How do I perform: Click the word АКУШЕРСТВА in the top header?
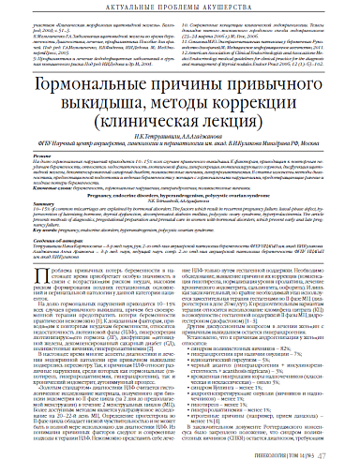tap(242, 9)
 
